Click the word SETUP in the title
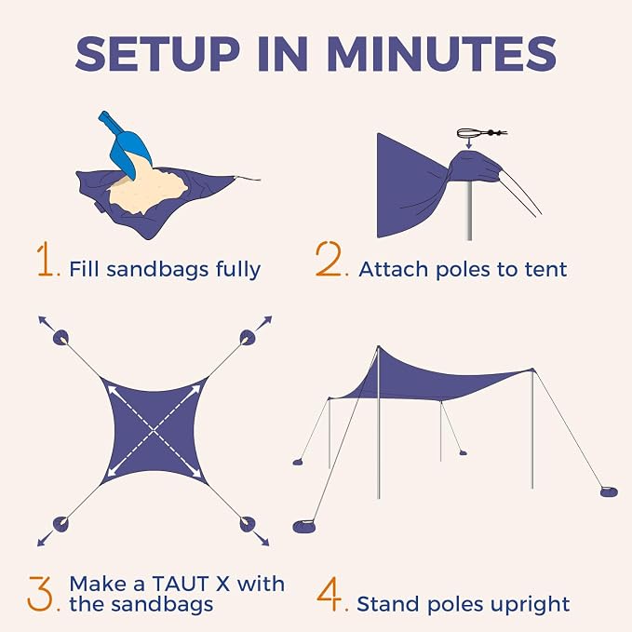[158, 54]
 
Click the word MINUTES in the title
[442, 54]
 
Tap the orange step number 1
[45, 259]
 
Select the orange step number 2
[328, 259]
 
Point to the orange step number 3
[40, 593]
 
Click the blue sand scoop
[125, 144]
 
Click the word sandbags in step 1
[157, 269]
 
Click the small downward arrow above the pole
[468, 143]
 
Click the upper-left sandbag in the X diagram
[61, 337]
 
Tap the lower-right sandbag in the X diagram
[248, 524]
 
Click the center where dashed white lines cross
[155, 432]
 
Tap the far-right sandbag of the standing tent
[608, 491]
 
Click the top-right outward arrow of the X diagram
[264, 324]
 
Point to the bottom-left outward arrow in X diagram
[45, 539]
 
